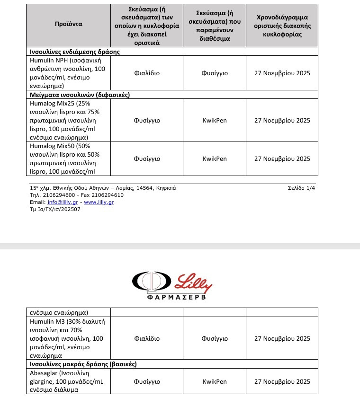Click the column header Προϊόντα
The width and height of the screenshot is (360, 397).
click(69, 24)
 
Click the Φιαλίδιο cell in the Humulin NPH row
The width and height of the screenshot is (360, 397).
click(147, 73)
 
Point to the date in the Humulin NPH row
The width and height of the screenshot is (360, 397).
click(282, 73)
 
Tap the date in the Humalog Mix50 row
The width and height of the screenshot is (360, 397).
click(282, 159)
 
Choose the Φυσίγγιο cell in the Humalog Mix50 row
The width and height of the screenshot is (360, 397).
click(147, 159)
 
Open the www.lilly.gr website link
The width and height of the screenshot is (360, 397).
click(99, 202)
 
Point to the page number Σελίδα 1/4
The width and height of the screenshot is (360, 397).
click(304, 188)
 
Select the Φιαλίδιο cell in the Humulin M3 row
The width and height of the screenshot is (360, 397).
click(147, 339)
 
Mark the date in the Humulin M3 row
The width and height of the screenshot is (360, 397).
click(282, 339)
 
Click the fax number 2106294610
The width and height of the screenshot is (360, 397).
click(106, 195)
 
